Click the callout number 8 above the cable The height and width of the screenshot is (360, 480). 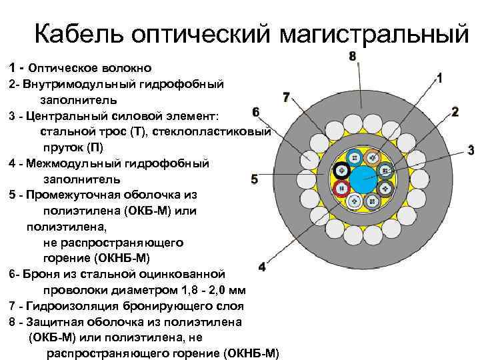pyautogui.click(x=353, y=56)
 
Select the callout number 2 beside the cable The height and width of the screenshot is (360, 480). pyautogui.click(x=455, y=111)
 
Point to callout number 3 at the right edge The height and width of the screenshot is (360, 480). pyautogui.click(x=471, y=149)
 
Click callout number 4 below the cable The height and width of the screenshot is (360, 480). pyautogui.click(x=261, y=267)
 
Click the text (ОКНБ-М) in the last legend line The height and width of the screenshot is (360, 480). pyautogui.click(x=251, y=353)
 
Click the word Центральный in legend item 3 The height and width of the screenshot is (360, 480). pyautogui.click(x=63, y=116)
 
